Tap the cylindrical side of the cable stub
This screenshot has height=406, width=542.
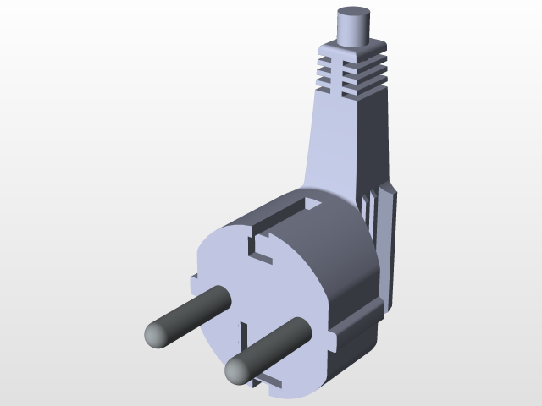pos(354,32)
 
